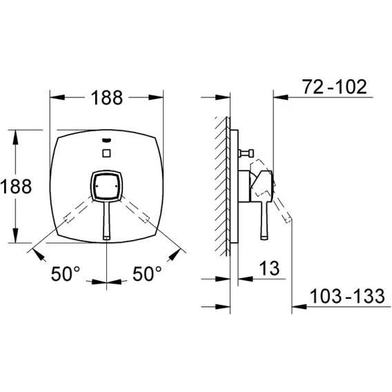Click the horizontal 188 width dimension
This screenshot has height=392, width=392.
tap(107, 97)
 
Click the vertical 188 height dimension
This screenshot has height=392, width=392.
tap(16, 186)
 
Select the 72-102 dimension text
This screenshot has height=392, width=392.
tap(335, 87)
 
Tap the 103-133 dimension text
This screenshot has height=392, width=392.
tap(347, 296)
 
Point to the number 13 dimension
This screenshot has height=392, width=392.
tap(269, 268)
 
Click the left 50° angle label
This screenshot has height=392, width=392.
tap(66, 274)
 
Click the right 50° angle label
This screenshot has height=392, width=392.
tap(147, 274)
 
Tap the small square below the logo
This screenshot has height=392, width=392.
tap(107, 153)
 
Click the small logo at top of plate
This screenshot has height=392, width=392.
tap(107, 140)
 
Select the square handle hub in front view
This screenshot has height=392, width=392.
tap(106, 186)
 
